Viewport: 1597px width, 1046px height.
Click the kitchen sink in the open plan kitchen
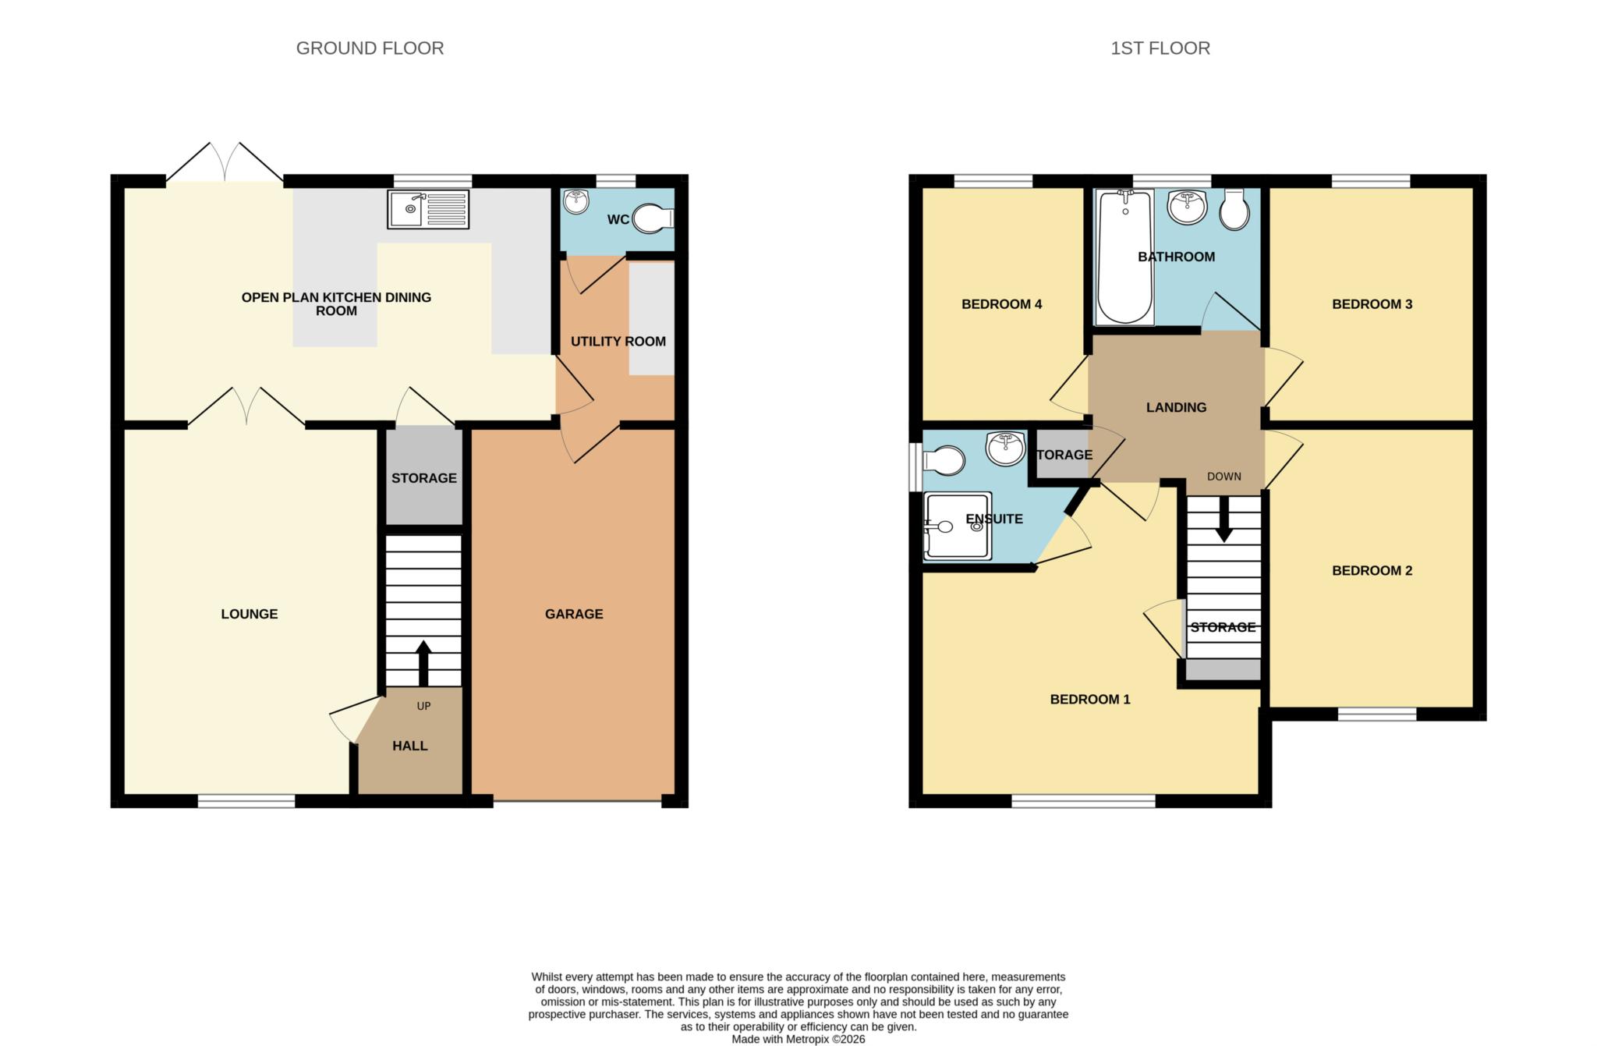[428, 209]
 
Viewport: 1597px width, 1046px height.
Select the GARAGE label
[574, 614]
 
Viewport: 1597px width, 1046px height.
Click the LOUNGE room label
[250, 614]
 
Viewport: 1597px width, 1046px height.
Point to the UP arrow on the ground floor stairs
[423, 664]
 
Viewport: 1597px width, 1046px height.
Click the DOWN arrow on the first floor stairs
[1224, 518]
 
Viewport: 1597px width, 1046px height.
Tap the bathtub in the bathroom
[1124, 257]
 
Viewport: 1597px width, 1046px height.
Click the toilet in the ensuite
[944, 460]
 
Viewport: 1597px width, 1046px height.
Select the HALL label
[410, 746]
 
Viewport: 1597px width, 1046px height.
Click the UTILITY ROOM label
[618, 341]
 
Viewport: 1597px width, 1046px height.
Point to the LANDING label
[1176, 407]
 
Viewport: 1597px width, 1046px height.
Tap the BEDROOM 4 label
[1002, 304]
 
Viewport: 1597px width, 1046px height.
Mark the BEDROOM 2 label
[1372, 570]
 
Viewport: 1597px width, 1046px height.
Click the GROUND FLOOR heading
[370, 48]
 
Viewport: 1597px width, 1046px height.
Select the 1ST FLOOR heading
[1160, 48]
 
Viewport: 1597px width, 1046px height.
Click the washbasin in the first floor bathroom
[1187, 207]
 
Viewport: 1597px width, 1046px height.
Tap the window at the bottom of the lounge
[246, 801]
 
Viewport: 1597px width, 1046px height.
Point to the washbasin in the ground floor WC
[576, 201]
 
